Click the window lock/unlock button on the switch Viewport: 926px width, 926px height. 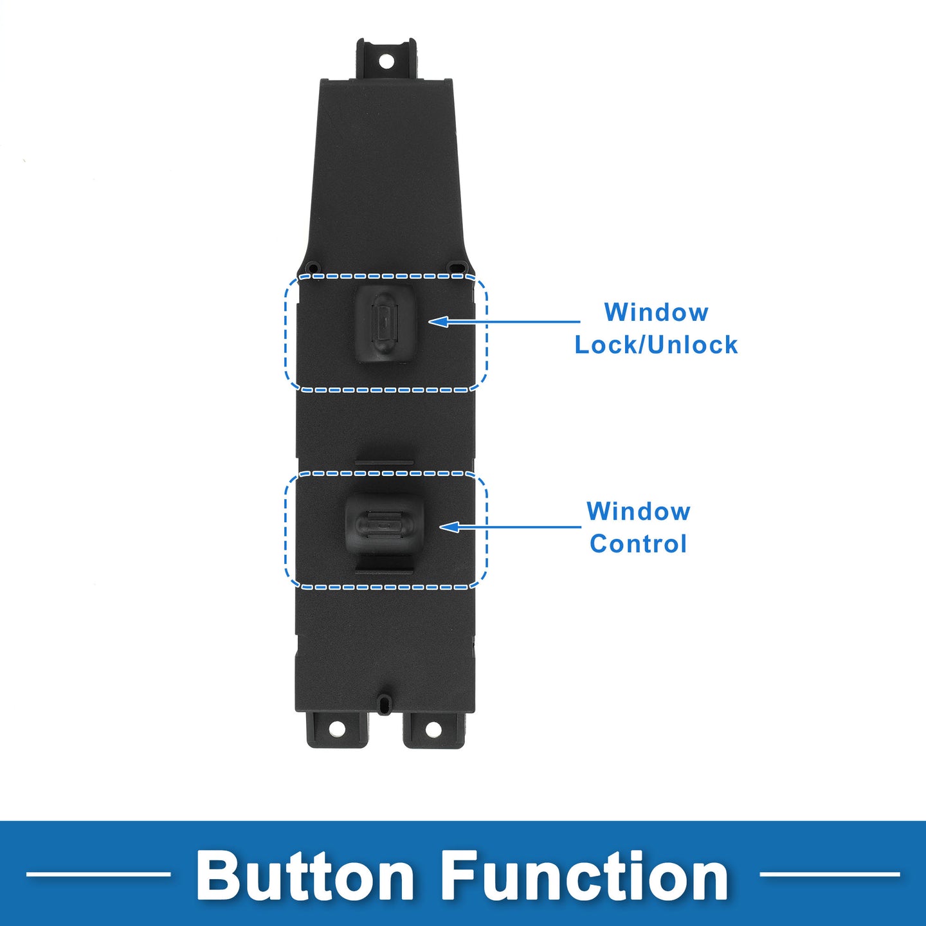tap(384, 323)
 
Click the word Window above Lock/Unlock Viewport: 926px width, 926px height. tap(656, 313)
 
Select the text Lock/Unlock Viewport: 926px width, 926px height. tap(656, 345)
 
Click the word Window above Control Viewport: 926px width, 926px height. tap(638, 511)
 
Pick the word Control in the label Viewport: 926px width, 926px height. tap(638, 543)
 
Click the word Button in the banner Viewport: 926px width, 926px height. tap(305, 876)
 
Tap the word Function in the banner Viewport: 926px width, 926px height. tap(584, 876)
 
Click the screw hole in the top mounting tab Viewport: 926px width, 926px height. tap(386, 61)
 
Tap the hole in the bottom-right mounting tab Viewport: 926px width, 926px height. tap(433, 729)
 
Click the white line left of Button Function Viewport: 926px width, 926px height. tap(98, 874)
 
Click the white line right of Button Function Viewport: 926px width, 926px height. tap(830, 874)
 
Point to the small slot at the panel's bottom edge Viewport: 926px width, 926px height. tap(385, 703)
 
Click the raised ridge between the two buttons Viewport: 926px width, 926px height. tap(384, 463)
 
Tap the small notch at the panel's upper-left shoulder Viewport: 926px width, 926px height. tap(313, 266)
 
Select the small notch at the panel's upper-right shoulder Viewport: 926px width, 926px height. tap(457, 266)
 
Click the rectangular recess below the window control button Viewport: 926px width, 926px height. tap(384, 567)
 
